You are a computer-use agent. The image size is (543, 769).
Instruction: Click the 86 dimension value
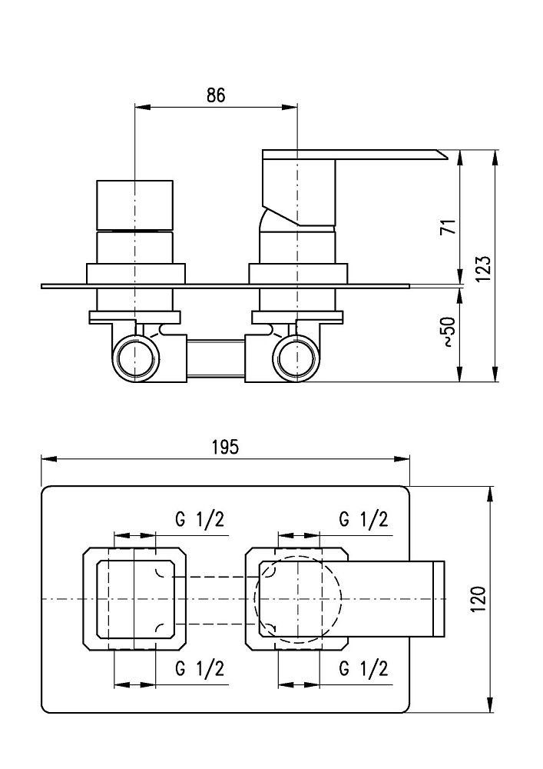(x=216, y=95)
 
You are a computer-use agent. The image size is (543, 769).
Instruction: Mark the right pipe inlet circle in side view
(x=297, y=358)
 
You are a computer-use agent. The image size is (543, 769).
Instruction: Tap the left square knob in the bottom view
(x=135, y=598)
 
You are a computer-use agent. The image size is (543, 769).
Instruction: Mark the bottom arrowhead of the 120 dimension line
(x=492, y=707)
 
